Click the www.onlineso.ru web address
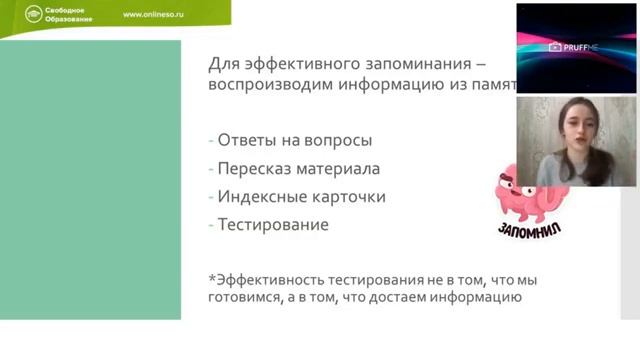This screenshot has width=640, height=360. (x=157, y=15)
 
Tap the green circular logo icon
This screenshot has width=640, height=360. (x=34, y=15)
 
